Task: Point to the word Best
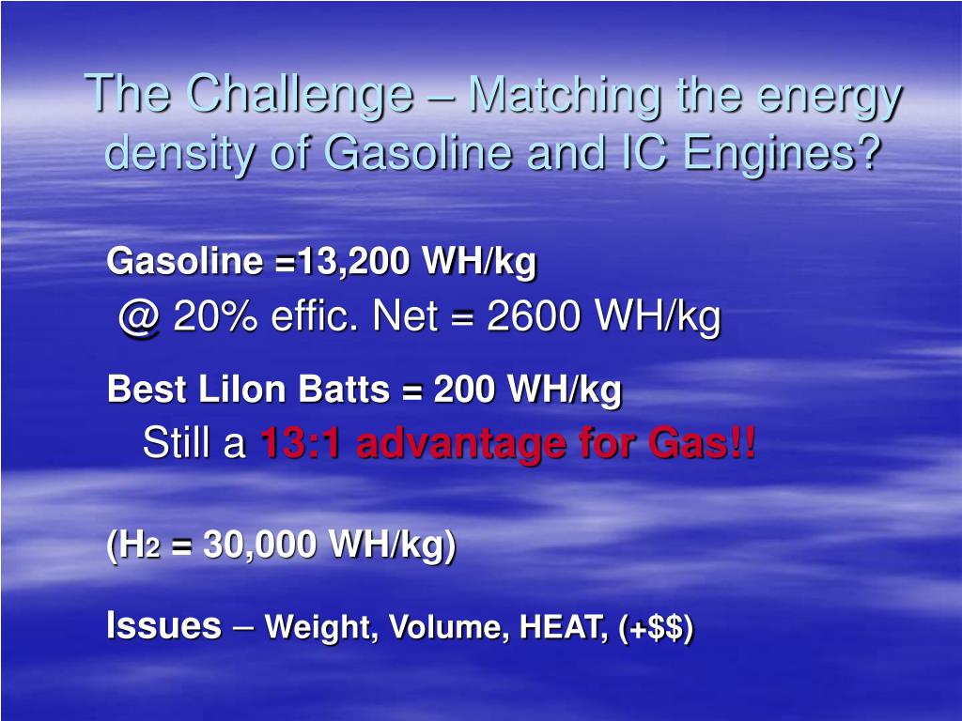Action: tap(146, 388)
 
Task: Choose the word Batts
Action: tap(348, 388)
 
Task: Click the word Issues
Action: tap(164, 625)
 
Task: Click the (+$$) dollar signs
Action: tap(657, 627)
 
